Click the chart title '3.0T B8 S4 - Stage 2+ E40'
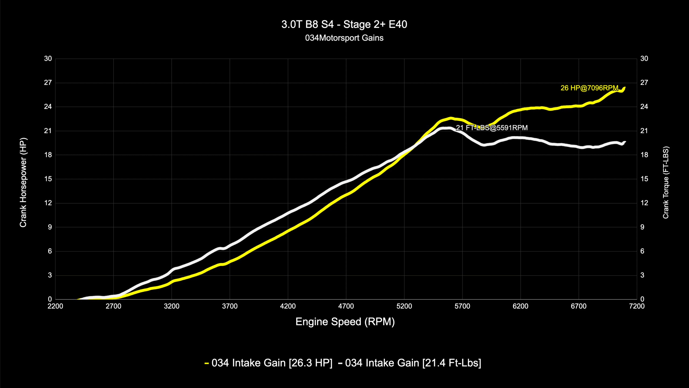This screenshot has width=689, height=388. tap(344, 25)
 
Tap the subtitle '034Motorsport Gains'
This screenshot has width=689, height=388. tap(344, 38)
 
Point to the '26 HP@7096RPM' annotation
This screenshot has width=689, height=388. tap(589, 88)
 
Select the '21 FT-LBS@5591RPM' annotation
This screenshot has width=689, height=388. tap(492, 128)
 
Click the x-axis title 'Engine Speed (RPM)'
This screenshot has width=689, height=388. tap(345, 322)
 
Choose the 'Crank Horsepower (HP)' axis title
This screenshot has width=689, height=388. tap(23, 182)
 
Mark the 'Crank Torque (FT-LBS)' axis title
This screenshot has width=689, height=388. tap(666, 182)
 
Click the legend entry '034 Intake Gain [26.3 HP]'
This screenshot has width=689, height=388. tap(272, 363)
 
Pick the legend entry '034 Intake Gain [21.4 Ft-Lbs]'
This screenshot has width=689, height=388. tap(413, 363)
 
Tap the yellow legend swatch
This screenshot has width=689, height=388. tap(207, 363)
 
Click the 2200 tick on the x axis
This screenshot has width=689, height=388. tap(55, 306)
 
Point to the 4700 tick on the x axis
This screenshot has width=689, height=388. tap(346, 306)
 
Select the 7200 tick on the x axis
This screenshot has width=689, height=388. tap(637, 306)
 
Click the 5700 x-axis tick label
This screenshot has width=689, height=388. tap(462, 306)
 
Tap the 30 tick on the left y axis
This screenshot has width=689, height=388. tap(48, 59)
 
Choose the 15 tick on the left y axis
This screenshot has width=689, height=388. tap(48, 179)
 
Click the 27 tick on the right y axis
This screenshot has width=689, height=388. tap(644, 83)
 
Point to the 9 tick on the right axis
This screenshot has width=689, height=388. tap(642, 227)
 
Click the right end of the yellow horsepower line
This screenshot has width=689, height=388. tap(624, 88)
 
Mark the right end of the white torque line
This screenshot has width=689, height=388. tap(625, 142)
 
